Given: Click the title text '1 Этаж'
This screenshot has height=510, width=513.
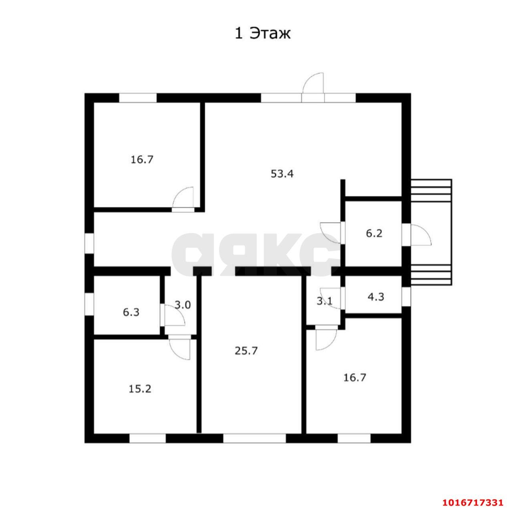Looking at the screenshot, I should (262, 34).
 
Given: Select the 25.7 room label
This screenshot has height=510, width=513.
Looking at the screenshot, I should (246, 351).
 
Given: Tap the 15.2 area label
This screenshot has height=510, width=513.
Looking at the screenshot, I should (140, 388).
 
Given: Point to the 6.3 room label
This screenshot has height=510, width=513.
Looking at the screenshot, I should (131, 312).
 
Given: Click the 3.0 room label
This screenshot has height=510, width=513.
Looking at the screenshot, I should (183, 305).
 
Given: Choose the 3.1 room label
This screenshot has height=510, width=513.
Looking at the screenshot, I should (324, 301).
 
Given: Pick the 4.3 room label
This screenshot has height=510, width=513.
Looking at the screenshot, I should (376, 297).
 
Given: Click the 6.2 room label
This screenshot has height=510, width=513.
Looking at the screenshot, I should (374, 233).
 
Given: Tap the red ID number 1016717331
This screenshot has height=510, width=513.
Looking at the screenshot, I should (472, 502).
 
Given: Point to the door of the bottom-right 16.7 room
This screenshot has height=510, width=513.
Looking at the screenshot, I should (325, 339).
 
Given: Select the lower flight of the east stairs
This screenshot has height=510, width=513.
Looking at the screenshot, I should (431, 275).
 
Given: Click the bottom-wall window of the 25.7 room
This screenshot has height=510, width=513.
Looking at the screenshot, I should (254, 438).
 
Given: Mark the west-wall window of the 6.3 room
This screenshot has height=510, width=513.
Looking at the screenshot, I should (89, 305).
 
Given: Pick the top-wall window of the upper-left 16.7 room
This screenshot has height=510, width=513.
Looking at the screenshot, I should (137, 98).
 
